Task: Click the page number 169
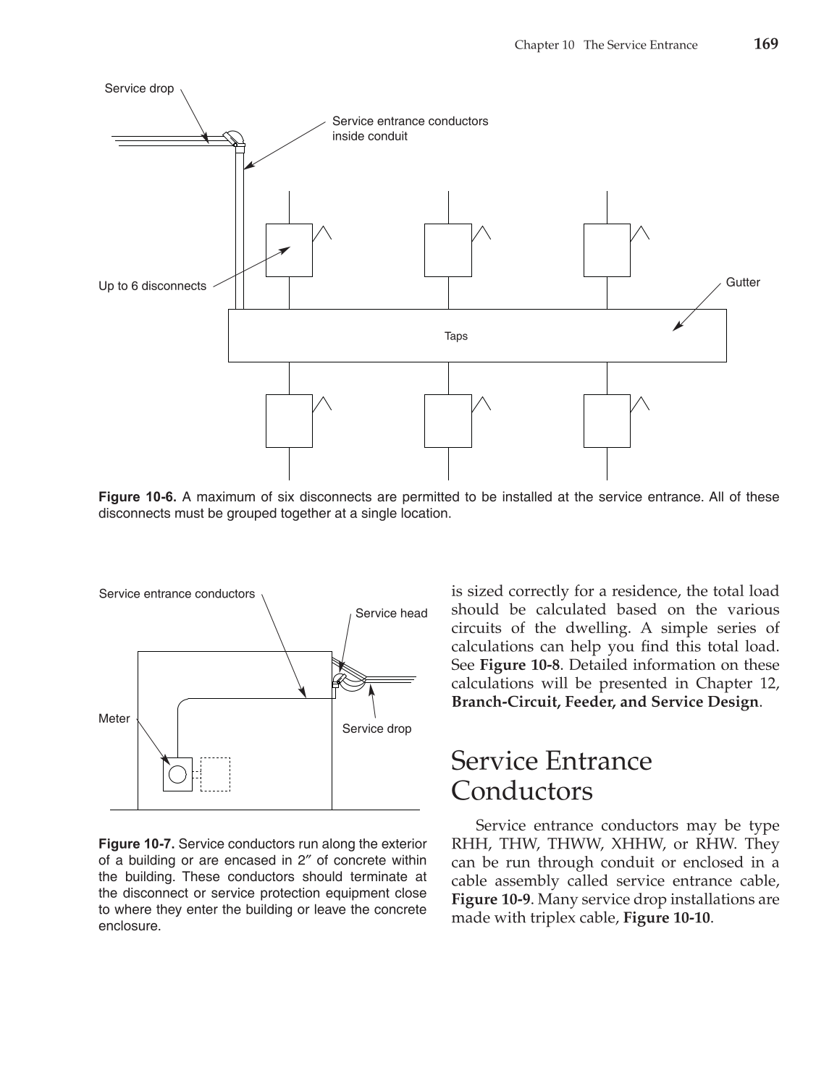[765, 44]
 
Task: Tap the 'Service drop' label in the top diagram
[139, 88]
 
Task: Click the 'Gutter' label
[742, 282]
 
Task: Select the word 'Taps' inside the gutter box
[456, 336]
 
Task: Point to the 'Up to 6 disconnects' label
[152, 286]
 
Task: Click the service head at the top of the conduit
[234, 137]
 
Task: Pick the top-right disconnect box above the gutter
[607, 250]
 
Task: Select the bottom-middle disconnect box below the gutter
[447, 421]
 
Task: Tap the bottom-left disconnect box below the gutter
[289, 421]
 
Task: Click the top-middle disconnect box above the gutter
[447, 250]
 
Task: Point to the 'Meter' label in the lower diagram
[114, 718]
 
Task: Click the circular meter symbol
[177, 775]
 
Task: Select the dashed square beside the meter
[215, 775]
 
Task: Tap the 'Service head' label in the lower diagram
[391, 613]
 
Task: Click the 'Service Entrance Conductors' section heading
[551, 776]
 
